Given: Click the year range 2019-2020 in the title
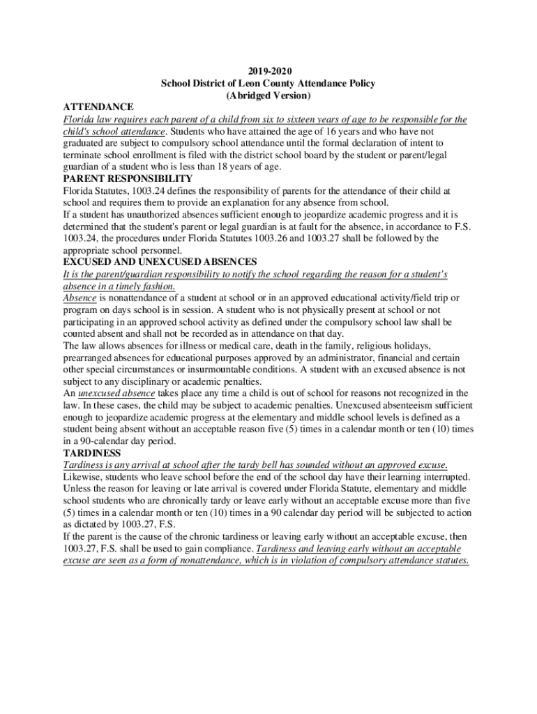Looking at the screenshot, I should tap(268, 71).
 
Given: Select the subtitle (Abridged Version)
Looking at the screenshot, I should tap(268, 95).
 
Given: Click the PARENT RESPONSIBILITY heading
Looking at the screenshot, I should tap(128, 178).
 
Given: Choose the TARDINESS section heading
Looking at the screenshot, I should tap(91, 453).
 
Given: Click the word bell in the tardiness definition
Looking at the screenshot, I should tap(278, 464).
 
